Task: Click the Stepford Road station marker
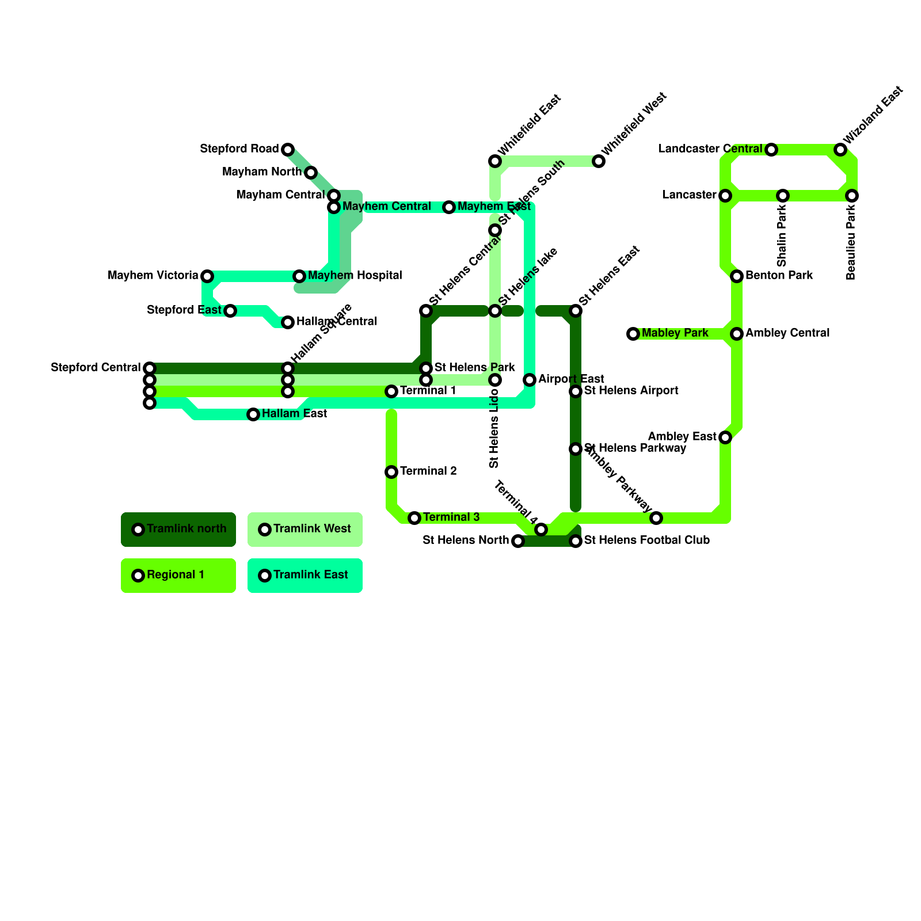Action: point(288,150)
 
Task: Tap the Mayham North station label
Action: point(261,172)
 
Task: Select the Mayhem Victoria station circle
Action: point(207,276)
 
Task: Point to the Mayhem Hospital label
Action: point(355,276)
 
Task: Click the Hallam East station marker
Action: point(253,414)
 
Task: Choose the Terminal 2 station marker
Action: point(391,472)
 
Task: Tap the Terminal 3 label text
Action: point(451,517)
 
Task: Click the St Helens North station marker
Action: point(518,541)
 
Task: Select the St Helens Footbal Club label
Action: point(646,541)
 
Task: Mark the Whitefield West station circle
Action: point(599,161)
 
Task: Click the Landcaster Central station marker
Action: point(771,150)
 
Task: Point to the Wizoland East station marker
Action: point(840,150)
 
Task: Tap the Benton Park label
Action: point(779,276)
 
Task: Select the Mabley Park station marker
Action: point(633,334)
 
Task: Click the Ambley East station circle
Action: point(725,437)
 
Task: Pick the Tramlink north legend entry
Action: point(178,529)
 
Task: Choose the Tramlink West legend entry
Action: point(305,529)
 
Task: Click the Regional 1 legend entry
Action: point(178,575)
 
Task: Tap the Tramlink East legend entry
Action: point(305,575)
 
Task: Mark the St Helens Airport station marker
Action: point(576,391)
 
